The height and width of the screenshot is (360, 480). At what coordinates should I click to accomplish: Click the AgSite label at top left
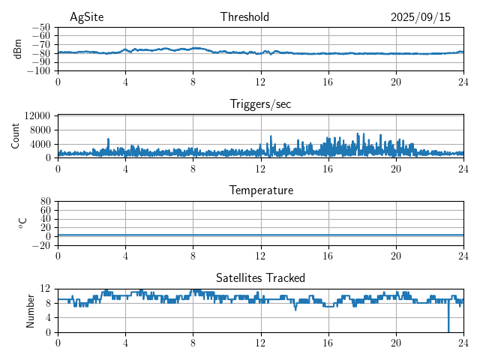[87, 17]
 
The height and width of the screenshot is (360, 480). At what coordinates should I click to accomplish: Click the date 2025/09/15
[421, 17]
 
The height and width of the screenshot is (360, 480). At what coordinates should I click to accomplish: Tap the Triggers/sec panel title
[260, 104]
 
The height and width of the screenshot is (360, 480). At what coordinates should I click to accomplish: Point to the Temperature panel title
[260, 190]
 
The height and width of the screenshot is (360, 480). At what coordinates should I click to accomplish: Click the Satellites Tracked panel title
[260, 277]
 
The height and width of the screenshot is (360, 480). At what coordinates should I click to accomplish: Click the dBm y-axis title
[17, 49]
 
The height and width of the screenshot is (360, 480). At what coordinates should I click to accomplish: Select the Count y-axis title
[16, 136]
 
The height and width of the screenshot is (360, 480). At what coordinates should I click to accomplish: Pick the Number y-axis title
[31, 310]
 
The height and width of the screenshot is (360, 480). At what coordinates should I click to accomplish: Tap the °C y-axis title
[22, 223]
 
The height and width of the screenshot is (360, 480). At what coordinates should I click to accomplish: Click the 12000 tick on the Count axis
[37, 115]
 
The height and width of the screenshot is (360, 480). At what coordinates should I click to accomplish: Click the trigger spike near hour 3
[108, 139]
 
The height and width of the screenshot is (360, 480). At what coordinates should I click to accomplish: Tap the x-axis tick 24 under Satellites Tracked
[463, 343]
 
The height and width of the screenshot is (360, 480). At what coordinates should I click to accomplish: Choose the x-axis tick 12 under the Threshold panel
[260, 82]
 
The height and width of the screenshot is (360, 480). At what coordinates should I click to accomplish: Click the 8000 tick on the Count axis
[40, 130]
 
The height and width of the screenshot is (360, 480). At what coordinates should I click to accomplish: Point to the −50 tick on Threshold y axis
[40, 27]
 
